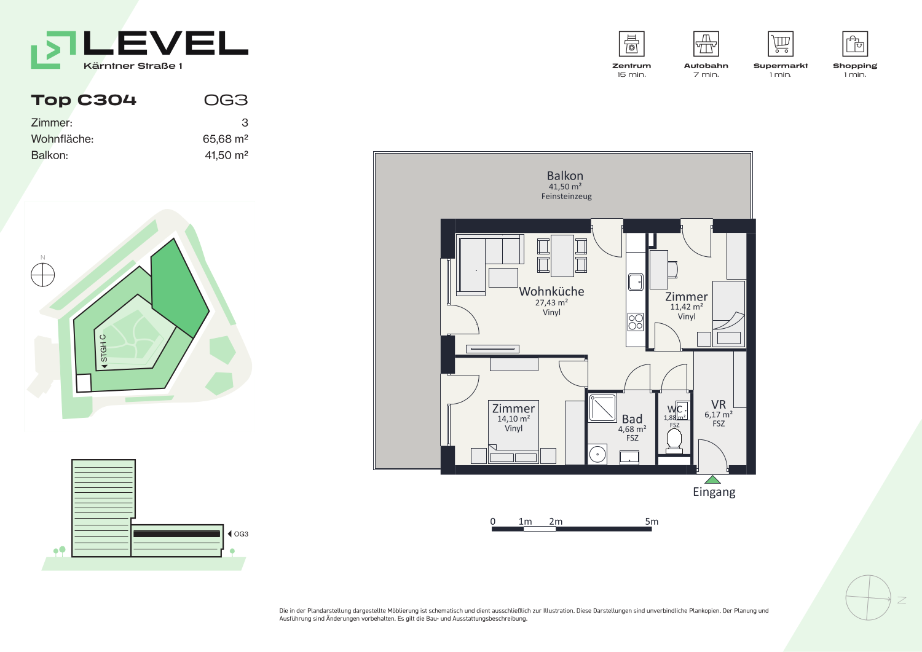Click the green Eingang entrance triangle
tap(712, 480)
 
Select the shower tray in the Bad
tap(602, 408)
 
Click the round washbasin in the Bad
tap(597, 454)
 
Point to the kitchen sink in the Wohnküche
tap(636, 282)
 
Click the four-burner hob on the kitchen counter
tap(636, 322)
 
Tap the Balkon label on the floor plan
tap(565, 176)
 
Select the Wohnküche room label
tap(551, 291)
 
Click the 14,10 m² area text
tap(513, 418)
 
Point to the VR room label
tap(719, 404)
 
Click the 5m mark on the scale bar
tap(652, 522)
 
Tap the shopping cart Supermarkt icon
tap(781, 44)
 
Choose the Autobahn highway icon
tap(706, 44)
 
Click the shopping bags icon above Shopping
tap(855, 44)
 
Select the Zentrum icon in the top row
tap(631, 44)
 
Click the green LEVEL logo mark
tap(53, 50)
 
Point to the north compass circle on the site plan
tap(43, 275)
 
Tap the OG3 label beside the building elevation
tap(241, 534)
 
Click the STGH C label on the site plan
tap(103, 348)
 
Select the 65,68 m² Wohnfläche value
tap(225, 139)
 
